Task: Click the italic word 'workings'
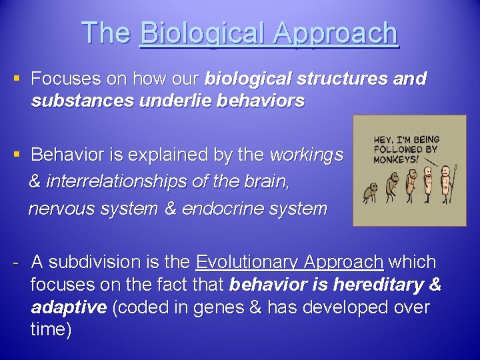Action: [307, 156]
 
